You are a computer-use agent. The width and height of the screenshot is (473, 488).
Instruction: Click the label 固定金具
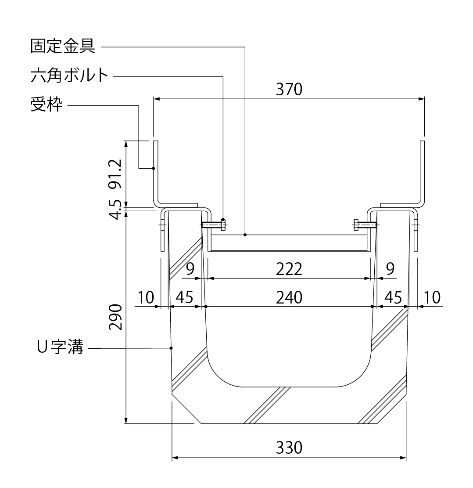63,46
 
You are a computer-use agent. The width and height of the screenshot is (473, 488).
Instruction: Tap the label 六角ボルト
69,76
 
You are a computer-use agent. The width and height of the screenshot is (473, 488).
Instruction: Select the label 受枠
47,105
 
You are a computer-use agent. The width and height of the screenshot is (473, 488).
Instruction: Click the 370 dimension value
289,90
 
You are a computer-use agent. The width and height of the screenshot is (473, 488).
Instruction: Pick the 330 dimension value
289,448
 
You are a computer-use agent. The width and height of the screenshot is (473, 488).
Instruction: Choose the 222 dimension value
289,269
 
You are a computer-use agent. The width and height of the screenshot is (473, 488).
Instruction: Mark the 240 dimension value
289,297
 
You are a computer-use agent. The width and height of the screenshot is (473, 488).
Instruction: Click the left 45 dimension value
184,297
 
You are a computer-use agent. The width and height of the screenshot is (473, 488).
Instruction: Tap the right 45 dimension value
393,297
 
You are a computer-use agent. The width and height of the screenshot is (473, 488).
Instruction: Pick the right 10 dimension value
432,297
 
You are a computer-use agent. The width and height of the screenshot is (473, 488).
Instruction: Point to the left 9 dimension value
190,269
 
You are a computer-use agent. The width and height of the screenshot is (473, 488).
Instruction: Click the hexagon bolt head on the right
355,225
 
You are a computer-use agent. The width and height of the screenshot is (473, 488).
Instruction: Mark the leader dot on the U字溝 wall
171,348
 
